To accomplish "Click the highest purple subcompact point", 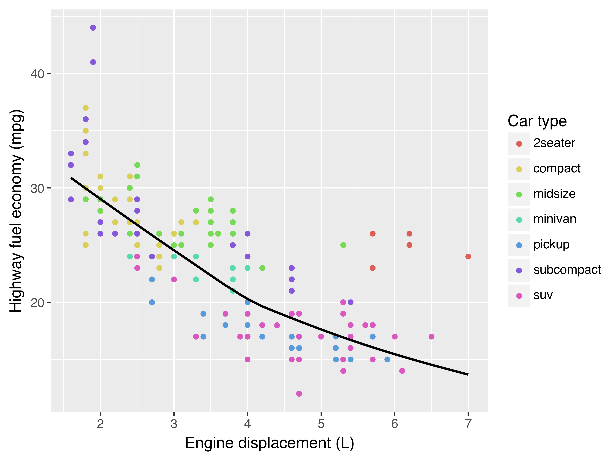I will (x=93, y=28).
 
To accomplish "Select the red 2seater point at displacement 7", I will (x=468, y=257).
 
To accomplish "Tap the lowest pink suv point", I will (x=299, y=394).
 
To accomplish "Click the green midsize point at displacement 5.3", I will (x=343, y=245).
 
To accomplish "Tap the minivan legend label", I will (x=555, y=219).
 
